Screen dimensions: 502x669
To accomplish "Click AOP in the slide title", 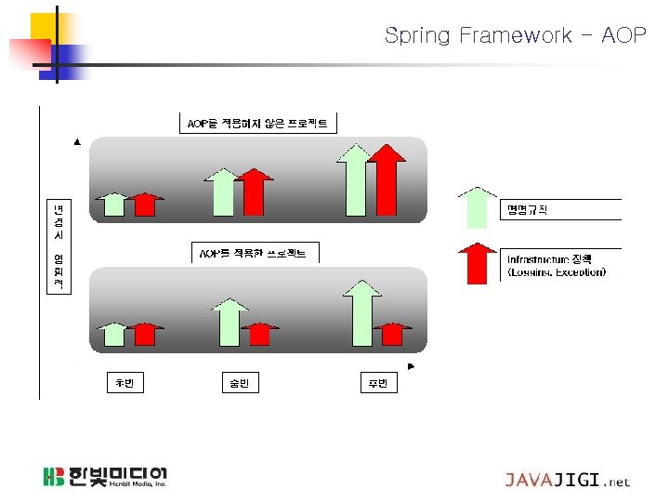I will (622, 35).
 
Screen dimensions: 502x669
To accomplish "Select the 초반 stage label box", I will (125, 383).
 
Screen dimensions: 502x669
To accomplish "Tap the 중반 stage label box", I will (239, 383).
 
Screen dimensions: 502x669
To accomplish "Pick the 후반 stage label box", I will (378, 383).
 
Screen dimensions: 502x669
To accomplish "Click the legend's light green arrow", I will (478, 207).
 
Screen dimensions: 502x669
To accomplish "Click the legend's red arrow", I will (478, 262).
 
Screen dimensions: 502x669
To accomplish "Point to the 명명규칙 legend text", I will (528, 209).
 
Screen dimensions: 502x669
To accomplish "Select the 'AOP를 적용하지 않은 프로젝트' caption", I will (257, 123).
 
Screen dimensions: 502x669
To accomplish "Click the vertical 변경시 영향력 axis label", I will (58, 245).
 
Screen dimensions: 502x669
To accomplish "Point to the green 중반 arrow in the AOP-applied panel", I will (229, 322).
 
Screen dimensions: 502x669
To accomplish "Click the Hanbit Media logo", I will (105, 478).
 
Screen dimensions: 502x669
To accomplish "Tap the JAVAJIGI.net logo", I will (567, 481).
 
